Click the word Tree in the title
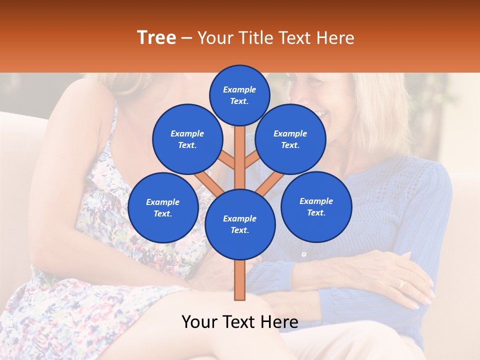(156, 38)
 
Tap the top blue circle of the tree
(239, 95)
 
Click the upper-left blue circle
(187, 139)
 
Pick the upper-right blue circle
(290, 139)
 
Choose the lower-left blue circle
(163, 207)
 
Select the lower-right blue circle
(316, 206)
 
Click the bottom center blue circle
(240, 224)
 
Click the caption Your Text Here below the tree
(239, 322)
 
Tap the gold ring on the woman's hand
(400, 284)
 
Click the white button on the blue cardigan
(304, 254)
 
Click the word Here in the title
(336, 38)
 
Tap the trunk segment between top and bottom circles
(239, 155)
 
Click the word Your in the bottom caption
(199, 322)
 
